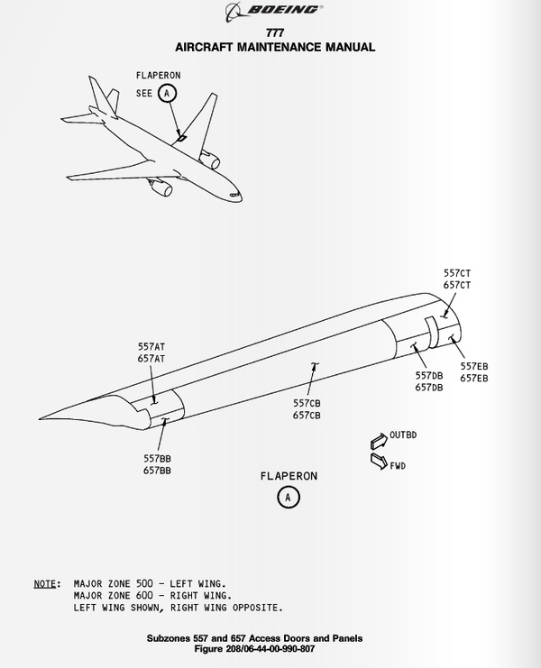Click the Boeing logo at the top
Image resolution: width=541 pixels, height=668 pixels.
[270, 10]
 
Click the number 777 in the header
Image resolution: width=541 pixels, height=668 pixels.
[270, 33]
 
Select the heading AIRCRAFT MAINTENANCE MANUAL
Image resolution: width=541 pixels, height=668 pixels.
[270, 47]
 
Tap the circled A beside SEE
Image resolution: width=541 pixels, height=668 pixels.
[167, 93]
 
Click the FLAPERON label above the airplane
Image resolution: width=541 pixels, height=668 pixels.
[158, 76]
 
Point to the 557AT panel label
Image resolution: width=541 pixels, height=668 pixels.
[152, 345]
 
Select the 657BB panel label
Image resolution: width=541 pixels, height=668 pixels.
[157, 471]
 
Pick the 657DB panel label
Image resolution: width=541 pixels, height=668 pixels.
[429, 388]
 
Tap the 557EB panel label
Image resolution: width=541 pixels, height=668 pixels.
[474, 366]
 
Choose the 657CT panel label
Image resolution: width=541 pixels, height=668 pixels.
[458, 285]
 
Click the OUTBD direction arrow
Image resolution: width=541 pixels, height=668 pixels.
[378, 438]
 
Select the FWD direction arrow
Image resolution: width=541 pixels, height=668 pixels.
[378, 462]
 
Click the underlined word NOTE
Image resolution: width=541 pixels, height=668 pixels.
[46, 583]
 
